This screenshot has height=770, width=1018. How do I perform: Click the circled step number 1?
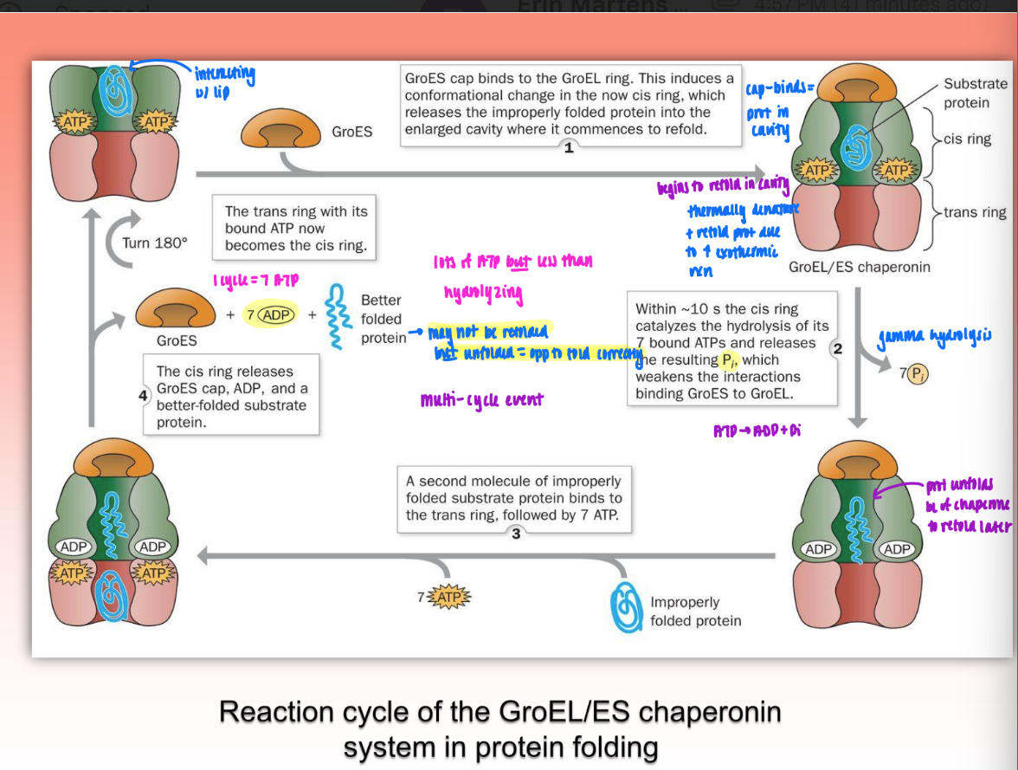pyautogui.click(x=569, y=148)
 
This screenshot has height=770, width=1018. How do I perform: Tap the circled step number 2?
pyautogui.click(x=836, y=348)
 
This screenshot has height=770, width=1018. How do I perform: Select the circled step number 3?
pyautogui.click(x=516, y=534)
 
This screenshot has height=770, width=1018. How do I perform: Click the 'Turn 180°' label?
pyautogui.click(x=154, y=243)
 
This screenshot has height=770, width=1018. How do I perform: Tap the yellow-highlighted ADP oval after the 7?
pyautogui.click(x=278, y=315)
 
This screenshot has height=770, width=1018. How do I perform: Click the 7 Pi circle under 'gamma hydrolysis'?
pyautogui.click(x=914, y=373)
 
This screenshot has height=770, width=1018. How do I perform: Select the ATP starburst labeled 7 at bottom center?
pyautogui.click(x=446, y=597)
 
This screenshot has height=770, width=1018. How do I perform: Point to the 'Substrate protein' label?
pyautogui.click(x=975, y=93)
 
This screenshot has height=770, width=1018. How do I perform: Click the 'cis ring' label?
pyautogui.click(x=967, y=139)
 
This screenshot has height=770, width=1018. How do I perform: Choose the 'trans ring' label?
pyautogui.click(x=975, y=212)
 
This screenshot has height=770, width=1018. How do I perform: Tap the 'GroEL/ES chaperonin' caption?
pyautogui.click(x=859, y=267)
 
